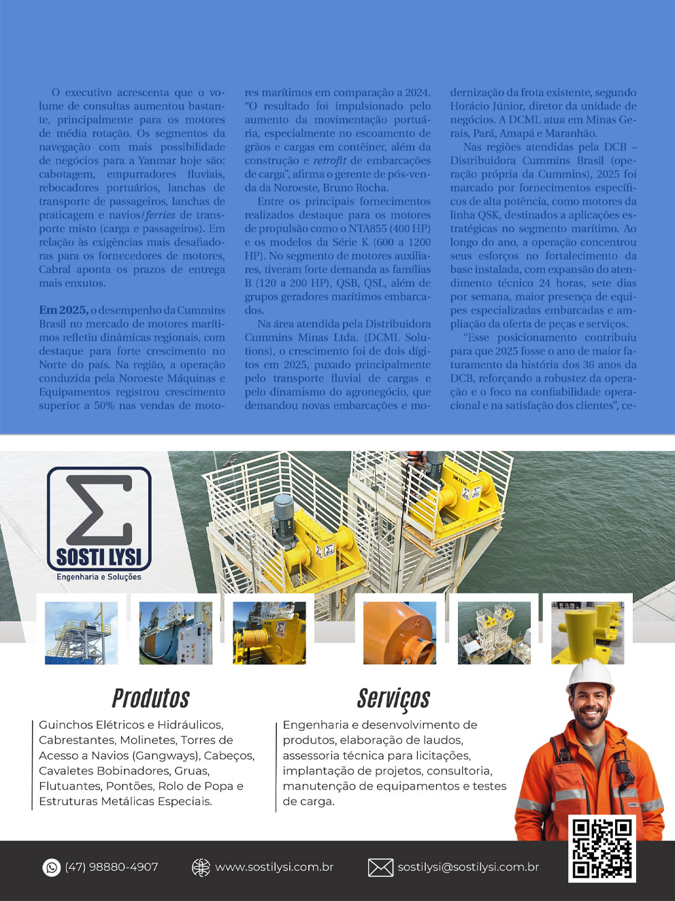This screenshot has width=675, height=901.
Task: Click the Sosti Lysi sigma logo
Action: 99,519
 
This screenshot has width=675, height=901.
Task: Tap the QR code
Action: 602,849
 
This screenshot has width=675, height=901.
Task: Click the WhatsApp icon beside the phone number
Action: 52,867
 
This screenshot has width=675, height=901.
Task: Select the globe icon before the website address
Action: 201,867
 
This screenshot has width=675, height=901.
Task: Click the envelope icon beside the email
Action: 380,867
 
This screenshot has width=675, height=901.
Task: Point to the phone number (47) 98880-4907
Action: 112,867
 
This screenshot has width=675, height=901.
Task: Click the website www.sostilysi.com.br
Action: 274,867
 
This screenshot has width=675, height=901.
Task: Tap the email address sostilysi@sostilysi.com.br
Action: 468,867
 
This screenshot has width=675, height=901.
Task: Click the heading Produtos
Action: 150,698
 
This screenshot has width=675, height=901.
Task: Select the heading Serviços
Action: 393,698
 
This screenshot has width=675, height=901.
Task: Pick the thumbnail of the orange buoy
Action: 399,633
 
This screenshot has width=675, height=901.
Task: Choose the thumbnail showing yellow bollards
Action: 587,633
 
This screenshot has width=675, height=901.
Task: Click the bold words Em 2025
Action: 63,310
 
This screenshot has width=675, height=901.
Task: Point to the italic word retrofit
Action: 329,161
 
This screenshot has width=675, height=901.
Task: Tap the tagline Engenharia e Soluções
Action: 99,577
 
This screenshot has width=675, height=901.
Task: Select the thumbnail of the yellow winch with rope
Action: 269,633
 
